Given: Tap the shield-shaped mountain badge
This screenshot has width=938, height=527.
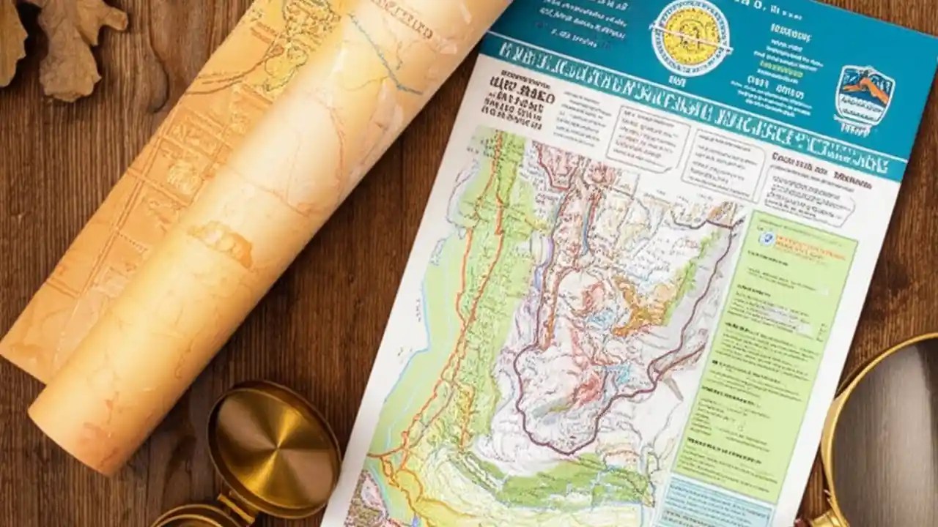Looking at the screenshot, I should (865, 96).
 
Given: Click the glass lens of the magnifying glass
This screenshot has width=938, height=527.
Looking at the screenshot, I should (890, 432).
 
